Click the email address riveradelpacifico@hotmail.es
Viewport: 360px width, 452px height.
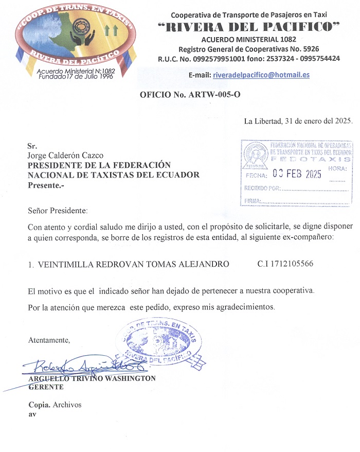coord(261,75)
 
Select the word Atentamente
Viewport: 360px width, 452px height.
coord(49,340)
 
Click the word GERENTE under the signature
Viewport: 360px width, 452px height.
coord(46,387)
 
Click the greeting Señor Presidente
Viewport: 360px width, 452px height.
coord(58,211)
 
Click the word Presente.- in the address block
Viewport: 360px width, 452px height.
coord(46,185)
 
